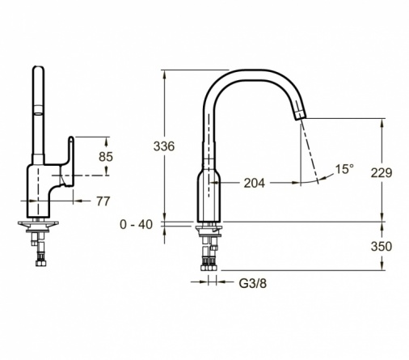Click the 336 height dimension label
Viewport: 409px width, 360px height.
pyautogui.click(x=164, y=146)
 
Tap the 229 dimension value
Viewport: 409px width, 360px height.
pyautogui.click(x=382, y=173)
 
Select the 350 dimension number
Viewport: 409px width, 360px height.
pyautogui.click(x=382, y=246)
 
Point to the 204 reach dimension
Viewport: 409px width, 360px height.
pyautogui.click(x=255, y=183)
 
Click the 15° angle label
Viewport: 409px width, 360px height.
pyautogui.click(x=344, y=169)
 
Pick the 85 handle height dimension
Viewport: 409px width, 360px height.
pyautogui.click(x=106, y=157)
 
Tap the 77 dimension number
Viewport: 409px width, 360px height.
pyautogui.click(x=103, y=201)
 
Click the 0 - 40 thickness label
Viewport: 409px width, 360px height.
pyautogui.click(x=136, y=224)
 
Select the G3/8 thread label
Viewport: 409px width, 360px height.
pyautogui.click(x=253, y=283)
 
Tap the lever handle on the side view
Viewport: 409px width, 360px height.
pyautogui.click(x=69, y=161)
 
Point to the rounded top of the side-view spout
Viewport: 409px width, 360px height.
pyautogui.click(x=38, y=69)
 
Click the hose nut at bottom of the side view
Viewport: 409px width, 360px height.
pyautogui.click(x=40, y=263)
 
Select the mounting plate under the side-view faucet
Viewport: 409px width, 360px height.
pyautogui.click(x=38, y=223)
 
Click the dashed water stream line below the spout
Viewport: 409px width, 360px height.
pyautogui.click(x=310, y=151)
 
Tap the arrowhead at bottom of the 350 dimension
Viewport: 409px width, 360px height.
pyautogui.click(x=382, y=265)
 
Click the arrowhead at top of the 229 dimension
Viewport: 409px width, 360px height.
pyautogui.click(x=382, y=123)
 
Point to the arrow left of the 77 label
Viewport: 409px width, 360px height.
pyautogui.click(x=82, y=201)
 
